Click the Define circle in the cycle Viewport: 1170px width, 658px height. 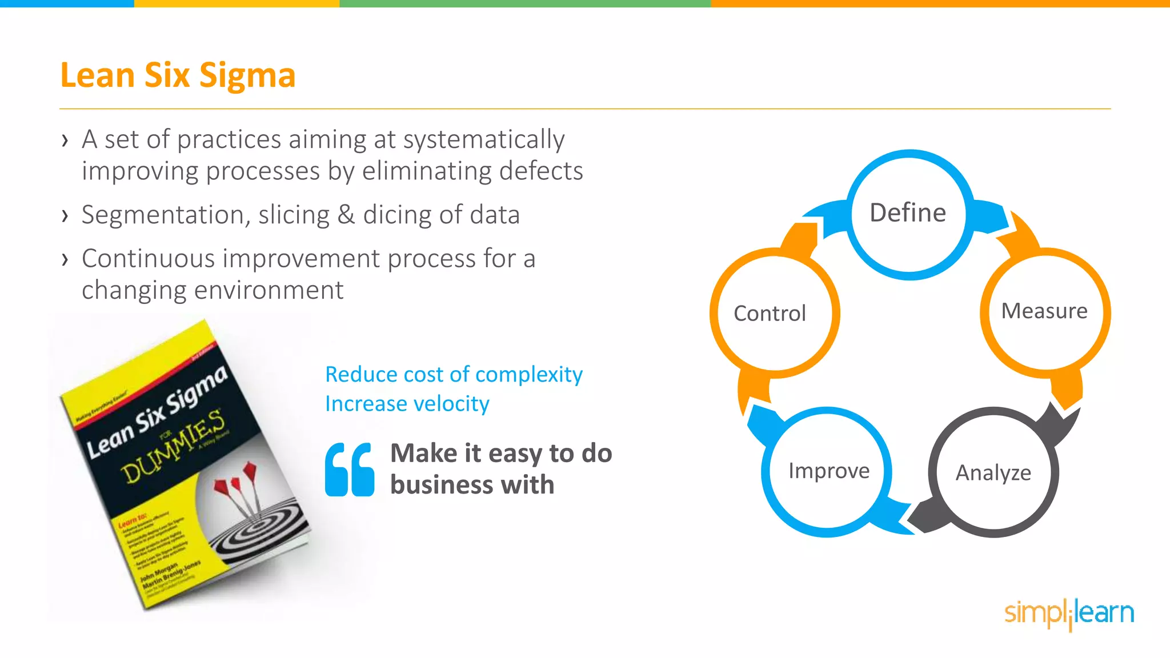coord(909,214)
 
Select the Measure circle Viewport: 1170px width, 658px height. coord(1045,312)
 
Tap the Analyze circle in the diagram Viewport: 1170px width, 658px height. coord(993,473)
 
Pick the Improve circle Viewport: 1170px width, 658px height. coord(828,471)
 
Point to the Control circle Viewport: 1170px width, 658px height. coord(770,314)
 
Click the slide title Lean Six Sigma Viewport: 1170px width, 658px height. coord(178,75)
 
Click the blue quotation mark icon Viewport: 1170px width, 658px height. coord(350,470)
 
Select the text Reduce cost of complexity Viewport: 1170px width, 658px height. coord(454,375)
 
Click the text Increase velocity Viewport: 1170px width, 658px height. coord(407,404)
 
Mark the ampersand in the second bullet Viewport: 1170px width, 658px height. coord(346,215)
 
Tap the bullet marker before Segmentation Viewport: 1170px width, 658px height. coord(65,216)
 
